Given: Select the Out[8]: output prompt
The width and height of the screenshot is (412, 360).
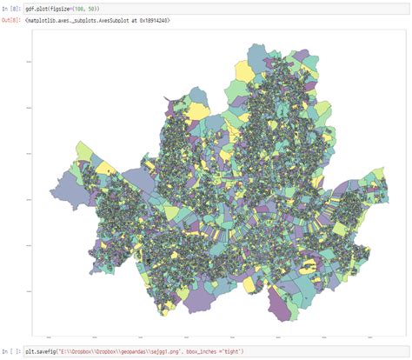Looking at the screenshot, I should tap(12, 18).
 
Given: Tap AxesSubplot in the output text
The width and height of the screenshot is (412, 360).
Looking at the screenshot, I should tap(108, 18).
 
